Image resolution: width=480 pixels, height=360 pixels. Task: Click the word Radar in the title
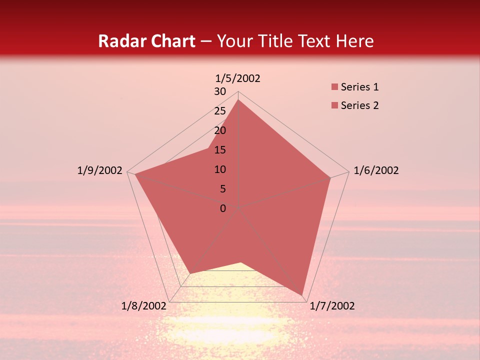pos(118,41)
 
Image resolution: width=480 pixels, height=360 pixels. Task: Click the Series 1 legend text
pos(359,87)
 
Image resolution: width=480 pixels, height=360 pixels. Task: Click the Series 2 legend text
pos(359,105)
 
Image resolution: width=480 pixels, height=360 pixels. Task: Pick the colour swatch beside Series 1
pos(334,87)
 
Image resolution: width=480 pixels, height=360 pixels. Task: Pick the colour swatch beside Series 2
pos(334,106)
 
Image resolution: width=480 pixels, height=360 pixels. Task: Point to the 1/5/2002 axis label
pos(237,78)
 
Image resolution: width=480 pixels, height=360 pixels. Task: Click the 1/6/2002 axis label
pos(376,170)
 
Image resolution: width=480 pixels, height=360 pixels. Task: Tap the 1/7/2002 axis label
pos(332,306)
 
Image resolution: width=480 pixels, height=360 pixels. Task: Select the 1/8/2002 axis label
pos(144,306)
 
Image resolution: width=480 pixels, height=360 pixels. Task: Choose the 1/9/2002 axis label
pos(100,170)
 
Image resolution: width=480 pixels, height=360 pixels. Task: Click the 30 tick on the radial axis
pos(220,91)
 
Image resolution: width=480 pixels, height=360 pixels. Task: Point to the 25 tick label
pos(220,111)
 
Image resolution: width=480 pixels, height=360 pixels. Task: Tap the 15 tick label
pos(220,150)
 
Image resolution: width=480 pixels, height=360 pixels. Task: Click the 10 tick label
pos(220,169)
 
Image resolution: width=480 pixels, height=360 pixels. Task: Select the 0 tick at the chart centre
pos(223,208)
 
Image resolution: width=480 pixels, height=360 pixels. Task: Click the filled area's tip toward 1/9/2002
pos(135,174)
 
